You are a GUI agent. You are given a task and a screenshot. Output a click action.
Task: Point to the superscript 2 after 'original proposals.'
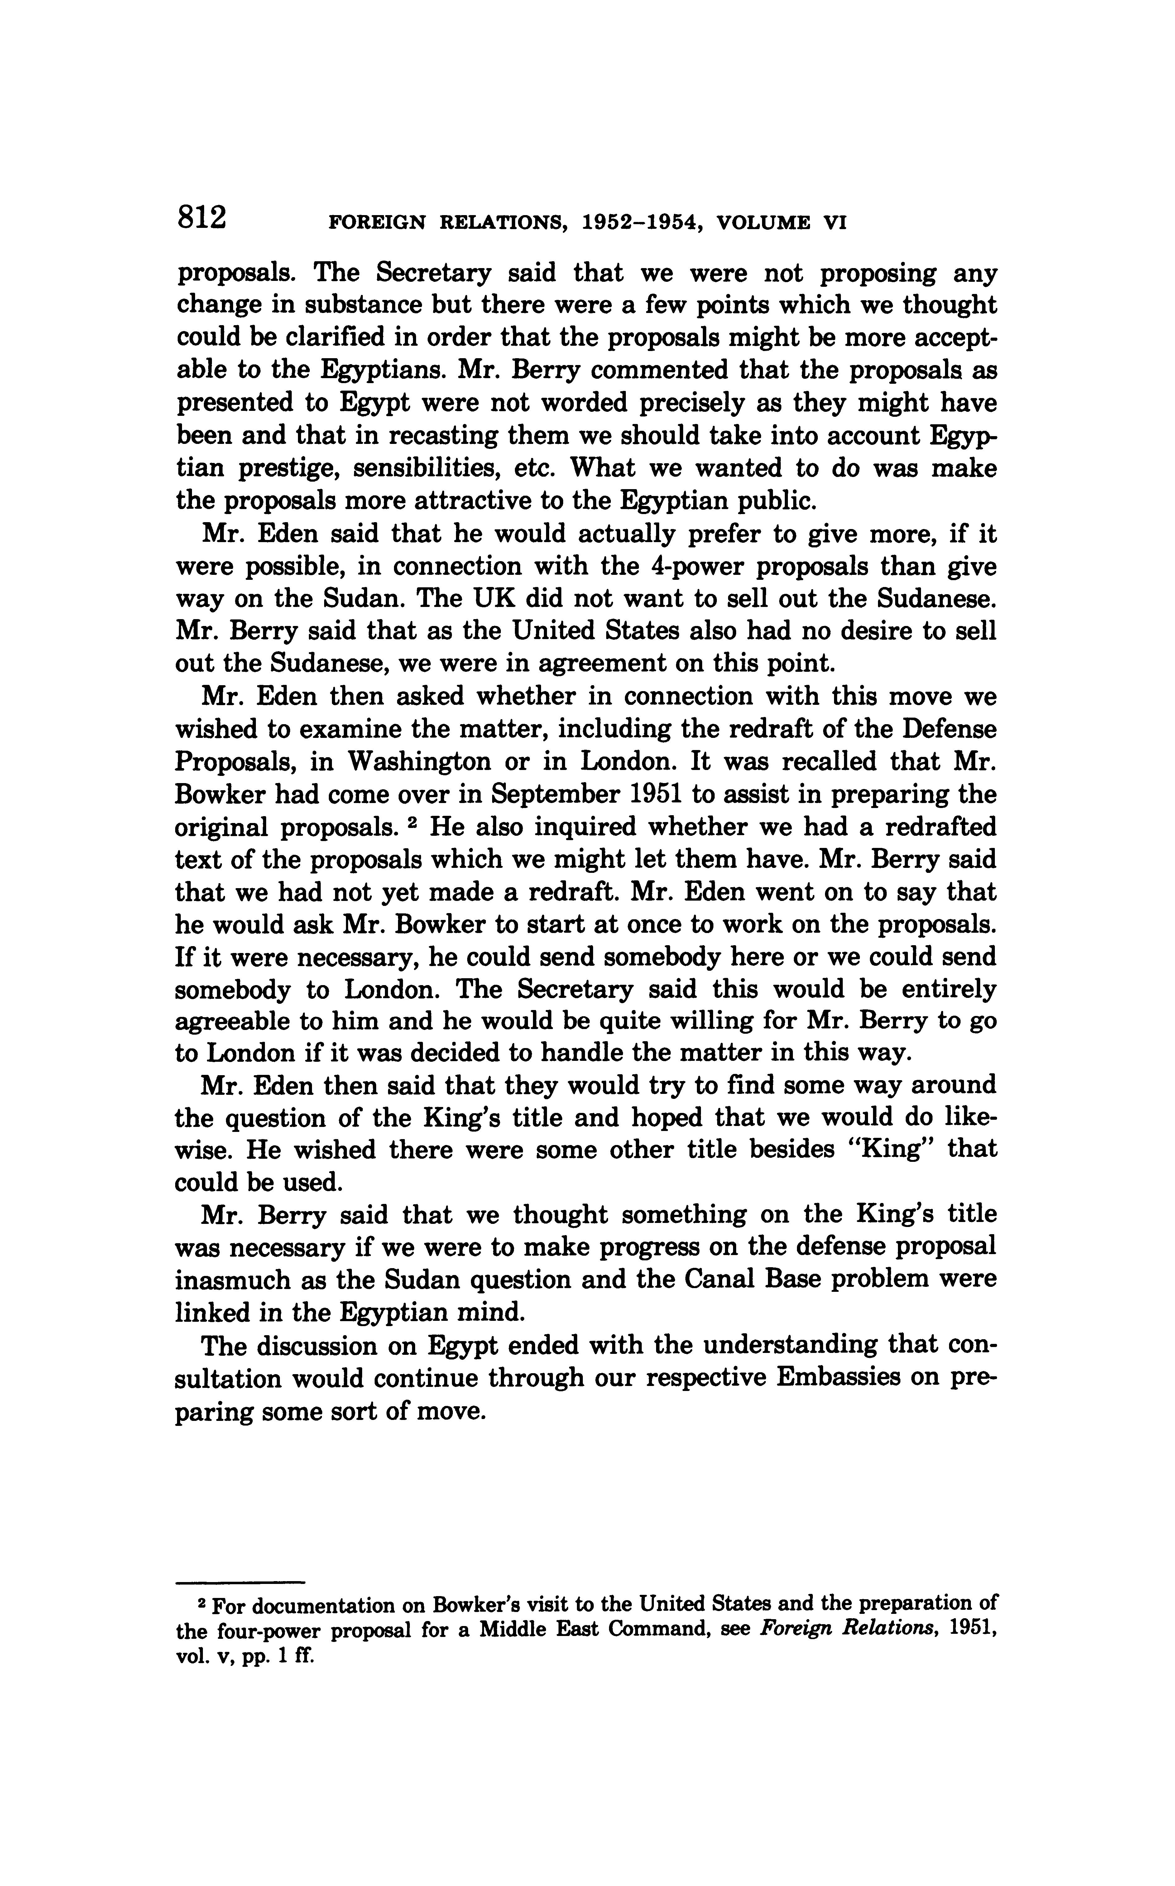416,822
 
